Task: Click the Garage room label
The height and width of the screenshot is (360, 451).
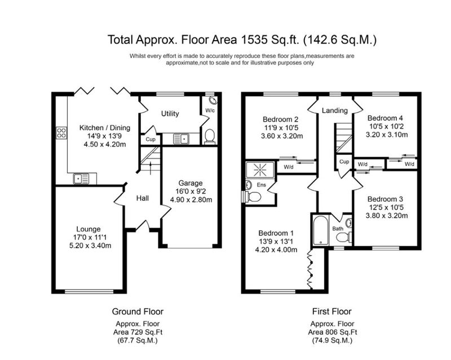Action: [191, 183]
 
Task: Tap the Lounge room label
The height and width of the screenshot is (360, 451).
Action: [89, 229]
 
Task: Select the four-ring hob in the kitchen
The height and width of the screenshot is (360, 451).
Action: [61, 133]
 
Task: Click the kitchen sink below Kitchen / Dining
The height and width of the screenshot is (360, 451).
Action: [81, 179]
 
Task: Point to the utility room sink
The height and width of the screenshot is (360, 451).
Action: [181, 139]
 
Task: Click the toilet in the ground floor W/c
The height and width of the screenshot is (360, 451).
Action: [210, 136]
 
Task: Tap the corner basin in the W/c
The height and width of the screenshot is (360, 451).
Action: [213, 100]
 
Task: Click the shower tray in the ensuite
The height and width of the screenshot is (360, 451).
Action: [260, 170]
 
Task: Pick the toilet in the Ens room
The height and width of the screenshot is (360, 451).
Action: [252, 197]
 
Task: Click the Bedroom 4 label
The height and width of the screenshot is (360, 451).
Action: [385, 118]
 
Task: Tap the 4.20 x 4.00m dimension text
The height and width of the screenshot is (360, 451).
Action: [276, 250]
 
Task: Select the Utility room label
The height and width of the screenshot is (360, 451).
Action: [170, 114]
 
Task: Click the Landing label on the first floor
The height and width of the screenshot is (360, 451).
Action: [334, 110]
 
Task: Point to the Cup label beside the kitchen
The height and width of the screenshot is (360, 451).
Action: [151, 139]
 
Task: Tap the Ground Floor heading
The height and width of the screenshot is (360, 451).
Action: [138, 312]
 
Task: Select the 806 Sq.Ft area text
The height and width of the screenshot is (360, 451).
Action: [341, 332]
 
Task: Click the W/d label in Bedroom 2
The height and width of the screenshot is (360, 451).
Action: [289, 167]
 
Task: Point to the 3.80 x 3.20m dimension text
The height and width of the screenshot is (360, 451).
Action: [387, 215]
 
